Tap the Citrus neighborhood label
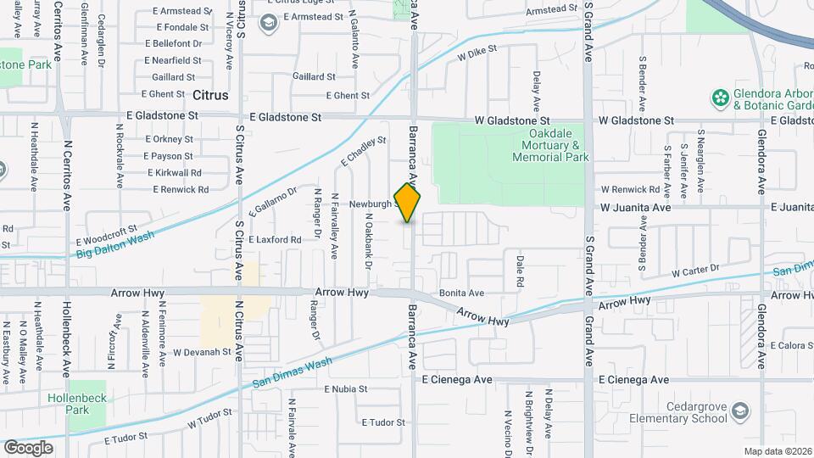[209, 96]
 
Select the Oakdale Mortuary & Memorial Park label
[552, 145]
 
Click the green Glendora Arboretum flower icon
[721, 98]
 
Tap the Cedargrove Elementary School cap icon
[740, 412]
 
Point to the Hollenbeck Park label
[69, 404]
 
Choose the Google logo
[29, 447]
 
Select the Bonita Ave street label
[461, 293]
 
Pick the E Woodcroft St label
[106, 235]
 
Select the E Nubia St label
[346, 389]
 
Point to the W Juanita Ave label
[636, 207]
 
